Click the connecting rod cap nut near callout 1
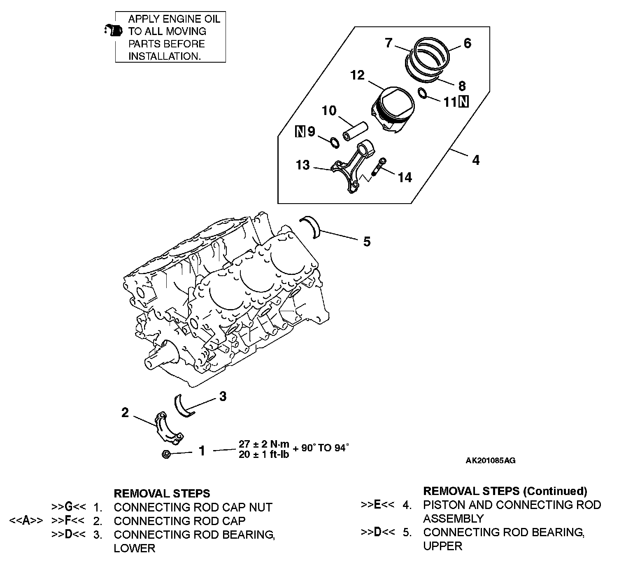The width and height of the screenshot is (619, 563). coord(166,455)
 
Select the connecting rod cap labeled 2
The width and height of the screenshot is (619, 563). coord(169,429)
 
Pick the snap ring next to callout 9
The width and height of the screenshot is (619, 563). coord(334,143)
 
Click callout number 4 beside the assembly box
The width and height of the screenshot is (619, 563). coord(476,160)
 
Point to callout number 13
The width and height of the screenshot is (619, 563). coord(303,165)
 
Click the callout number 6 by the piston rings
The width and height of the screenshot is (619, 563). coord(467,43)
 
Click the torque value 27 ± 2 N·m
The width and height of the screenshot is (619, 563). coord(264,444)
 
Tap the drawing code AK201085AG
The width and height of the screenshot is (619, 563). coord(490,461)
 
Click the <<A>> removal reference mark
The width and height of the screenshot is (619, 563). coord(26,521)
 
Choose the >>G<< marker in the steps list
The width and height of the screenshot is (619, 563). coord(68,507)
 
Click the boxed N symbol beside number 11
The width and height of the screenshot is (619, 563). coord(463,101)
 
